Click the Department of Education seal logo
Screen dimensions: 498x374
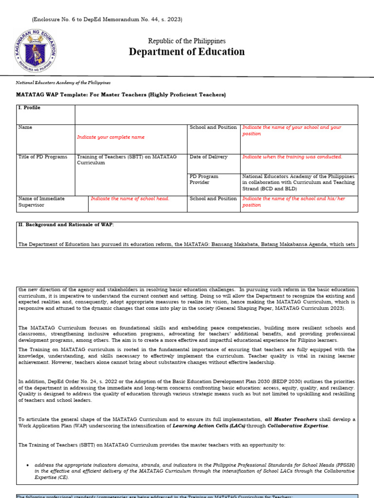coord(35,49)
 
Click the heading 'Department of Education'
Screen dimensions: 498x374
coord(187,52)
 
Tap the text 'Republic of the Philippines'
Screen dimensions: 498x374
coord(187,41)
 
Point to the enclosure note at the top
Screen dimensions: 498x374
coord(107,19)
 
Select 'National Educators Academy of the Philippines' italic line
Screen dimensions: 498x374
coord(63,83)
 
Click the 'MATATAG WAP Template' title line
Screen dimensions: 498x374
coord(122,94)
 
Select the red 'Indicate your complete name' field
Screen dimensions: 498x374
coord(111,137)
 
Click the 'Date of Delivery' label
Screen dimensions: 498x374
coord(208,157)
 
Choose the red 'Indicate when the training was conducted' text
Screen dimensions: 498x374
coord(292,157)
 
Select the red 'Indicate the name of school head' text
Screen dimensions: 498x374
coord(130,199)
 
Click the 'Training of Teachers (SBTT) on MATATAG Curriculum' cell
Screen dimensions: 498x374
coord(127,160)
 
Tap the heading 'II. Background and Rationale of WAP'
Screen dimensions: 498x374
coord(66,225)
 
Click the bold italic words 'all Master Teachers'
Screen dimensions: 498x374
coord(291,419)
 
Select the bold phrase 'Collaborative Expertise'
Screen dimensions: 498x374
coord(297,426)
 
